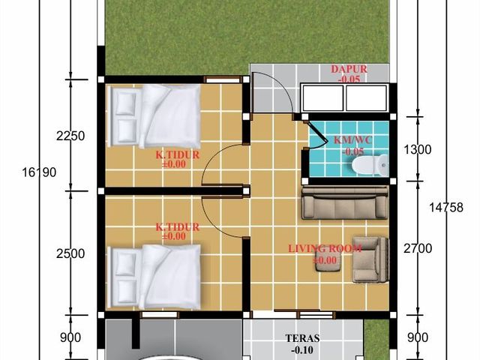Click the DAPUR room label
click(x=349, y=69)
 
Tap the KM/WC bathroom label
click(x=353, y=140)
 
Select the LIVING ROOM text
click(x=325, y=248)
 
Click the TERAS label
click(x=302, y=338)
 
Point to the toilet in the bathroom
click(x=370, y=165)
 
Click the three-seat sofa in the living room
click(x=345, y=203)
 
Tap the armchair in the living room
click(x=370, y=259)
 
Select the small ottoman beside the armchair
click(x=328, y=262)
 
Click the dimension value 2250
click(x=70, y=136)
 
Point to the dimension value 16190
click(x=39, y=172)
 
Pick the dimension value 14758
click(x=446, y=208)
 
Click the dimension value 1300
click(x=417, y=150)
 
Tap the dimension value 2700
click(x=418, y=248)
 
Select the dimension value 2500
click(x=70, y=253)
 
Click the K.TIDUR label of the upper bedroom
click(x=178, y=155)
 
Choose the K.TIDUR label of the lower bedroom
click(x=178, y=227)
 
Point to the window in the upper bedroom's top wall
click(x=223, y=80)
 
